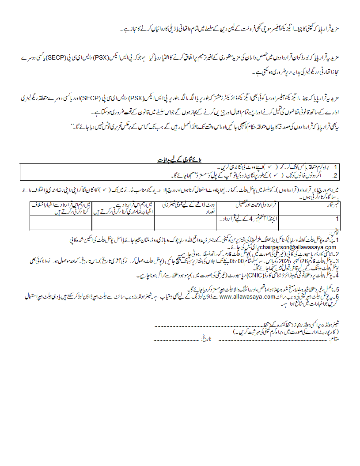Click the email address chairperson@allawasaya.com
[299, 247]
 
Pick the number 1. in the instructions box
[335, 167]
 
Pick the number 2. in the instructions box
[335, 175]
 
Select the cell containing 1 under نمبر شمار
[337, 219]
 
